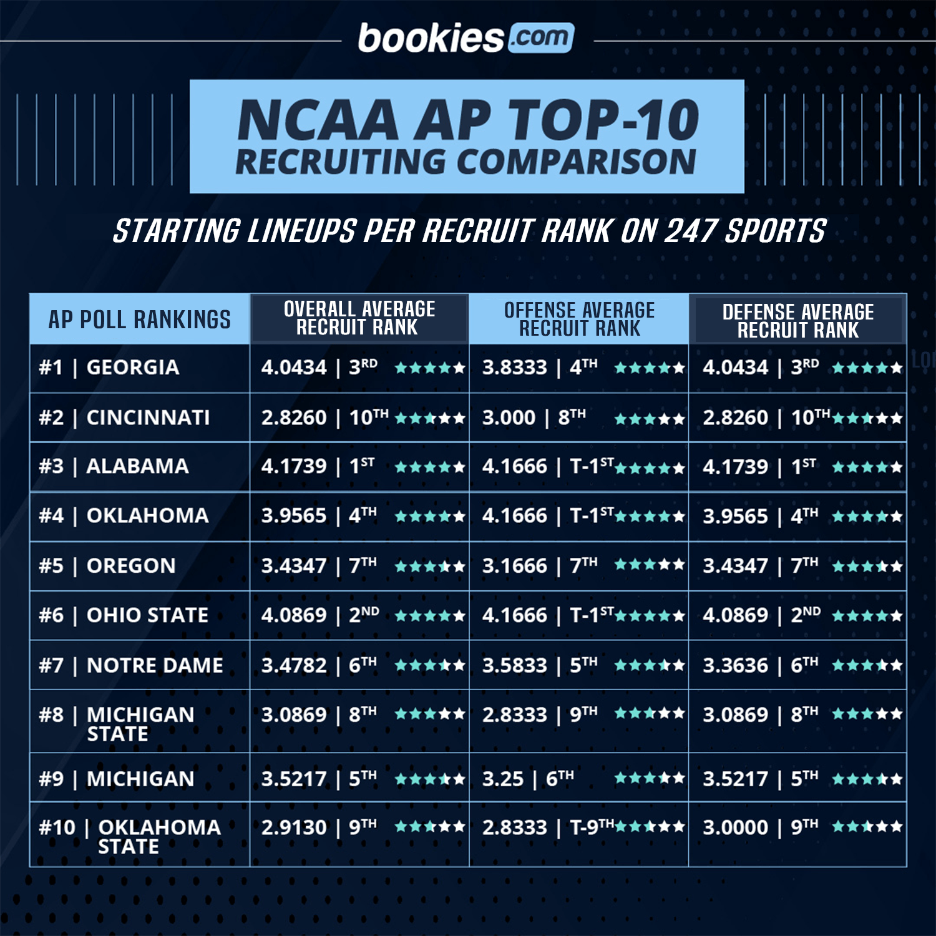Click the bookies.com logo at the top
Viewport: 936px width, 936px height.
pos(466,39)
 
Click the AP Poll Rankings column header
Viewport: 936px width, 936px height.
pos(139,319)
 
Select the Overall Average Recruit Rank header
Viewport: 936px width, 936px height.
pos(359,318)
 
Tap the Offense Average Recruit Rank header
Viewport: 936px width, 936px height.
pos(579,319)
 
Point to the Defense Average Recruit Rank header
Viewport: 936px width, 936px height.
pos(797,321)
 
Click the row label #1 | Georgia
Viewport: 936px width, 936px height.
pos(109,368)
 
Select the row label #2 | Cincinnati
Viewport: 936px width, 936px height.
pos(124,417)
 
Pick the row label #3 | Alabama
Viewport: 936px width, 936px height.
pos(114,466)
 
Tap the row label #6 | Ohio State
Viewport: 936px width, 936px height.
pos(124,615)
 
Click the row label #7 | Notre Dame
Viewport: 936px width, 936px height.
pos(130,665)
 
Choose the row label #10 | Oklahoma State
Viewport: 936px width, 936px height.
pos(130,837)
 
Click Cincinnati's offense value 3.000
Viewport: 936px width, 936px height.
pos(509,417)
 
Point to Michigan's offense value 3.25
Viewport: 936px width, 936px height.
pos(502,779)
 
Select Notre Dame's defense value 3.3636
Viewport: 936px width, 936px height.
pos(735,666)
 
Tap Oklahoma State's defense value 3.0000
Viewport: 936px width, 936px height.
pos(735,827)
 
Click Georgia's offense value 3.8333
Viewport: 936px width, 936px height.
pos(514,368)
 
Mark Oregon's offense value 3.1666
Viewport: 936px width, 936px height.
pos(514,566)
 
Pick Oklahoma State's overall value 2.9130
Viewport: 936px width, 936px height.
pos(293,827)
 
